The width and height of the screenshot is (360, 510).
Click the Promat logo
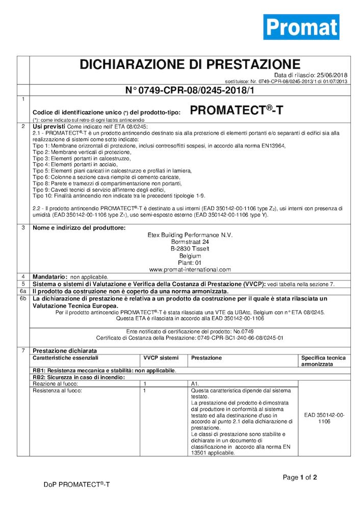[x=301, y=27]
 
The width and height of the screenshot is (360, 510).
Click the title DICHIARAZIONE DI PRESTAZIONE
[x=190, y=65]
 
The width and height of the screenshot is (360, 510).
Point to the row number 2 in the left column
[x=23, y=125]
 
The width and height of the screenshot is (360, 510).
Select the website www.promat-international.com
[x=190, y=269]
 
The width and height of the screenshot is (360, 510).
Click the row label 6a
[x=23, y=291]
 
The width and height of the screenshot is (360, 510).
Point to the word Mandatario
[x=49, y=276]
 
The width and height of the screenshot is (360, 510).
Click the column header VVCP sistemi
[x=161, y=358]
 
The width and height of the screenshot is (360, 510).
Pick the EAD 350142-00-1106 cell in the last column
[x=324, y=418]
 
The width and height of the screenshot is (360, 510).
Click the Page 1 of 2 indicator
[x=300, y=477]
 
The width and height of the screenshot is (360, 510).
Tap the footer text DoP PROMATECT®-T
[x=76, y=484]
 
